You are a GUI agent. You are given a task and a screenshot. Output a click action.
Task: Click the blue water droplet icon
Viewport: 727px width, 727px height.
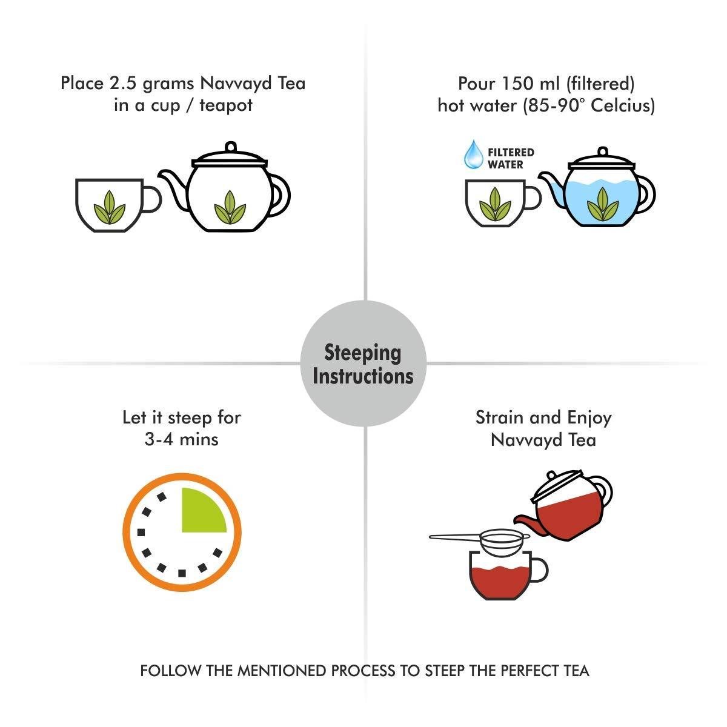click(x=473, y=154)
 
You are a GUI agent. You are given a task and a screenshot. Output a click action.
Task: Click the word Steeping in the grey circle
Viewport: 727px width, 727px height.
click(x=362, y=353)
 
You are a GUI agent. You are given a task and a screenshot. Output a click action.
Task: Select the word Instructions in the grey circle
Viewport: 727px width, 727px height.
click(x=363, y=376)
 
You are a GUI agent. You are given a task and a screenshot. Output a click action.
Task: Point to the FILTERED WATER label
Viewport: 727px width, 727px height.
click(x=511, y=159)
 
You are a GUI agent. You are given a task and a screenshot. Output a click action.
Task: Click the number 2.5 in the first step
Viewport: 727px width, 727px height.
click(x=124, y=83)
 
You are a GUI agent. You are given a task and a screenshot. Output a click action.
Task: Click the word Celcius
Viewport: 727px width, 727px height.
click(x=623, y=105)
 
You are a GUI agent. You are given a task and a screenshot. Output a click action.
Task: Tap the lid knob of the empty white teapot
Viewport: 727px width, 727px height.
click(x=230, y=147)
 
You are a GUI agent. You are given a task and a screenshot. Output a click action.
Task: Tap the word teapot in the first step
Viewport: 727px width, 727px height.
click(x=226, y=105)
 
